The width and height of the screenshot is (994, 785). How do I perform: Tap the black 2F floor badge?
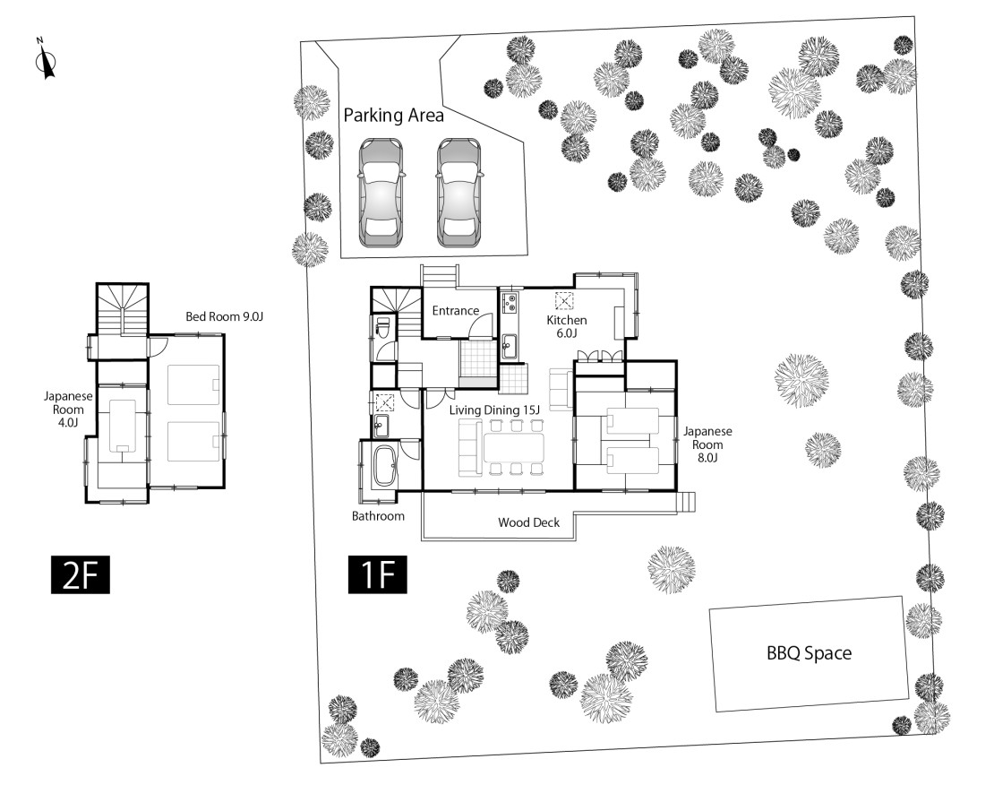pyautogui.click(x=80, y=575)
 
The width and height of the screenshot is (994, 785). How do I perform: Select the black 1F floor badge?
pyautogui.click(x=378, y=575)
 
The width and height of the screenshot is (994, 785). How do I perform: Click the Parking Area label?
pyautogui.click(x=394, y=116)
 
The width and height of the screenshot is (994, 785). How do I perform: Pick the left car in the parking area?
pyautogui.click(x=381, y=193)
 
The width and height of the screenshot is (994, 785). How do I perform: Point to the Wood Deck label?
pyautogui.click(x=529, y=522)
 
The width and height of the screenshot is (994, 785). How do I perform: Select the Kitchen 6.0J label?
pyautogui.click(x=567, y=327)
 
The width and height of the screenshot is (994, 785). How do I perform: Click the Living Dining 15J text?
pyautogui.click(x=495, y=410)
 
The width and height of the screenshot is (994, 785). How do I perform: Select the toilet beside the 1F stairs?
pyautogui.click(x=381, y=325)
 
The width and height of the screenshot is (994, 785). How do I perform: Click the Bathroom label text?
pyautogui.click(x=378, y=516)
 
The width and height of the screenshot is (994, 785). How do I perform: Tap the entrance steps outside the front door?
pyautogui.click(x=439, y=277)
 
